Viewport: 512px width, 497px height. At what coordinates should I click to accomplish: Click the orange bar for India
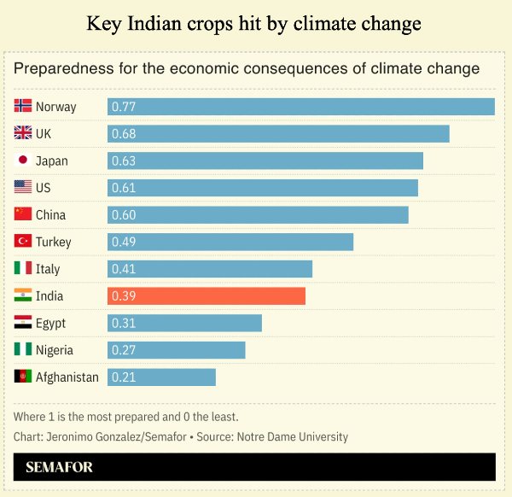(x=207, y=295)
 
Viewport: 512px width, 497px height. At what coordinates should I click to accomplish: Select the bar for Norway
(x=301, y=107)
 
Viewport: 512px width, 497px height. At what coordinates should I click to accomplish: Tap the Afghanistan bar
(x=161, y=377)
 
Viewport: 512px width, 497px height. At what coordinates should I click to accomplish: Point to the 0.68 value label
(x=124, y=134)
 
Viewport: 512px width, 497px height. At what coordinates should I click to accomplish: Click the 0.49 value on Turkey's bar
(x=124, y=242)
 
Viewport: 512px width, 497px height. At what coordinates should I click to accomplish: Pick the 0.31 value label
(x=124, y=323)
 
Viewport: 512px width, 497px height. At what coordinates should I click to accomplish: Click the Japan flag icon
(x=23, y=161)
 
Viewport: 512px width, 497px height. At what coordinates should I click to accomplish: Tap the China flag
(x=23, y=214)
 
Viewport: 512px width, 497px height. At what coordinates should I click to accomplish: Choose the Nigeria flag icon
(x=23, y=350)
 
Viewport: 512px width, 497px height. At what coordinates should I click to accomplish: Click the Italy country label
(x=48, y=269)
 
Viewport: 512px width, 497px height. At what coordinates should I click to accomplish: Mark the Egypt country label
(x=50, y=323)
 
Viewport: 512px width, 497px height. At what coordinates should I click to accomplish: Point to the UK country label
(x=44, y=134)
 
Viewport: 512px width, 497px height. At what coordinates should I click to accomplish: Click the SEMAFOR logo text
(x=59, y=467)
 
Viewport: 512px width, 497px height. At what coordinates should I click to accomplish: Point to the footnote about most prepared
(x=126, y=417)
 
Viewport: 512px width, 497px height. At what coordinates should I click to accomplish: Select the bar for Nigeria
(x=176, y=350)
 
